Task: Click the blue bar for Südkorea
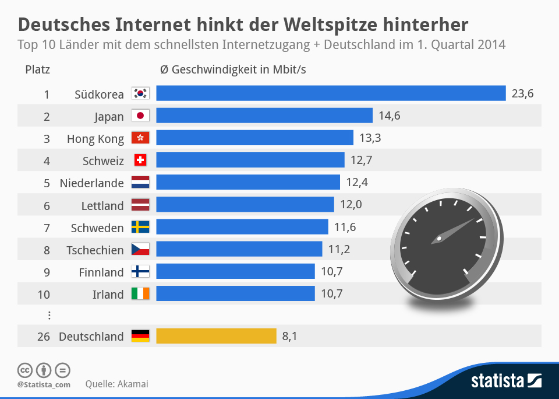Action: (331, 93)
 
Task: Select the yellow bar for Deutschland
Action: (216, 336)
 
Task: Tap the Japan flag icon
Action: (140, 116)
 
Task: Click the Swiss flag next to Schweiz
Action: (140, 160)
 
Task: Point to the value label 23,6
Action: (522, 93)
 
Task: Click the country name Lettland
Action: (102, 205)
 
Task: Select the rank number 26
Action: (44, 336)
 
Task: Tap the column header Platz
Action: (38, 69)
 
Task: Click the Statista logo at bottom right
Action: (506, 381)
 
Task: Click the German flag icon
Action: (140, 336)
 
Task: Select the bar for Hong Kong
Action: (254, 138)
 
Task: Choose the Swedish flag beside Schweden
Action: (140, 227)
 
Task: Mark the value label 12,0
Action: (351, 205)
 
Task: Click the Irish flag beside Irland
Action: (140, 293)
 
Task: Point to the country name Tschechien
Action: (95, 250)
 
